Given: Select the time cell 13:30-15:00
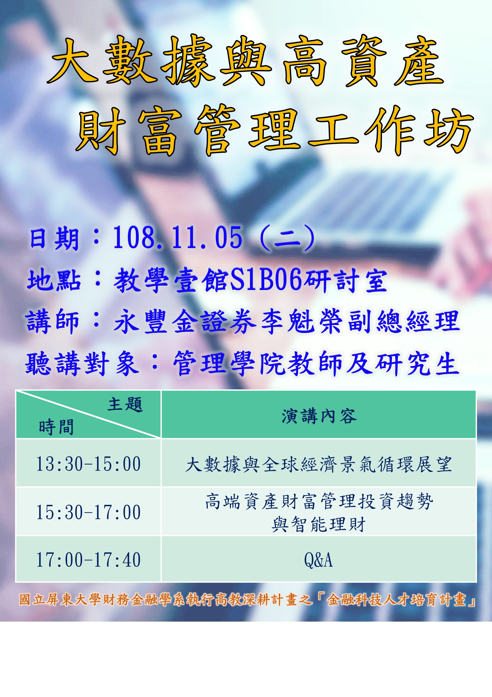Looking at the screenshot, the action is [x=88, y=464].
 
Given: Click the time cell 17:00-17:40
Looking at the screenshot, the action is [x=88, y=560].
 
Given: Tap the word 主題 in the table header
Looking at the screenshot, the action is [x=125, y=405].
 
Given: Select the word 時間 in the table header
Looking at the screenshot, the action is [x=56, y=427].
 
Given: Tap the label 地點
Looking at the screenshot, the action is [x=54, y=280].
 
